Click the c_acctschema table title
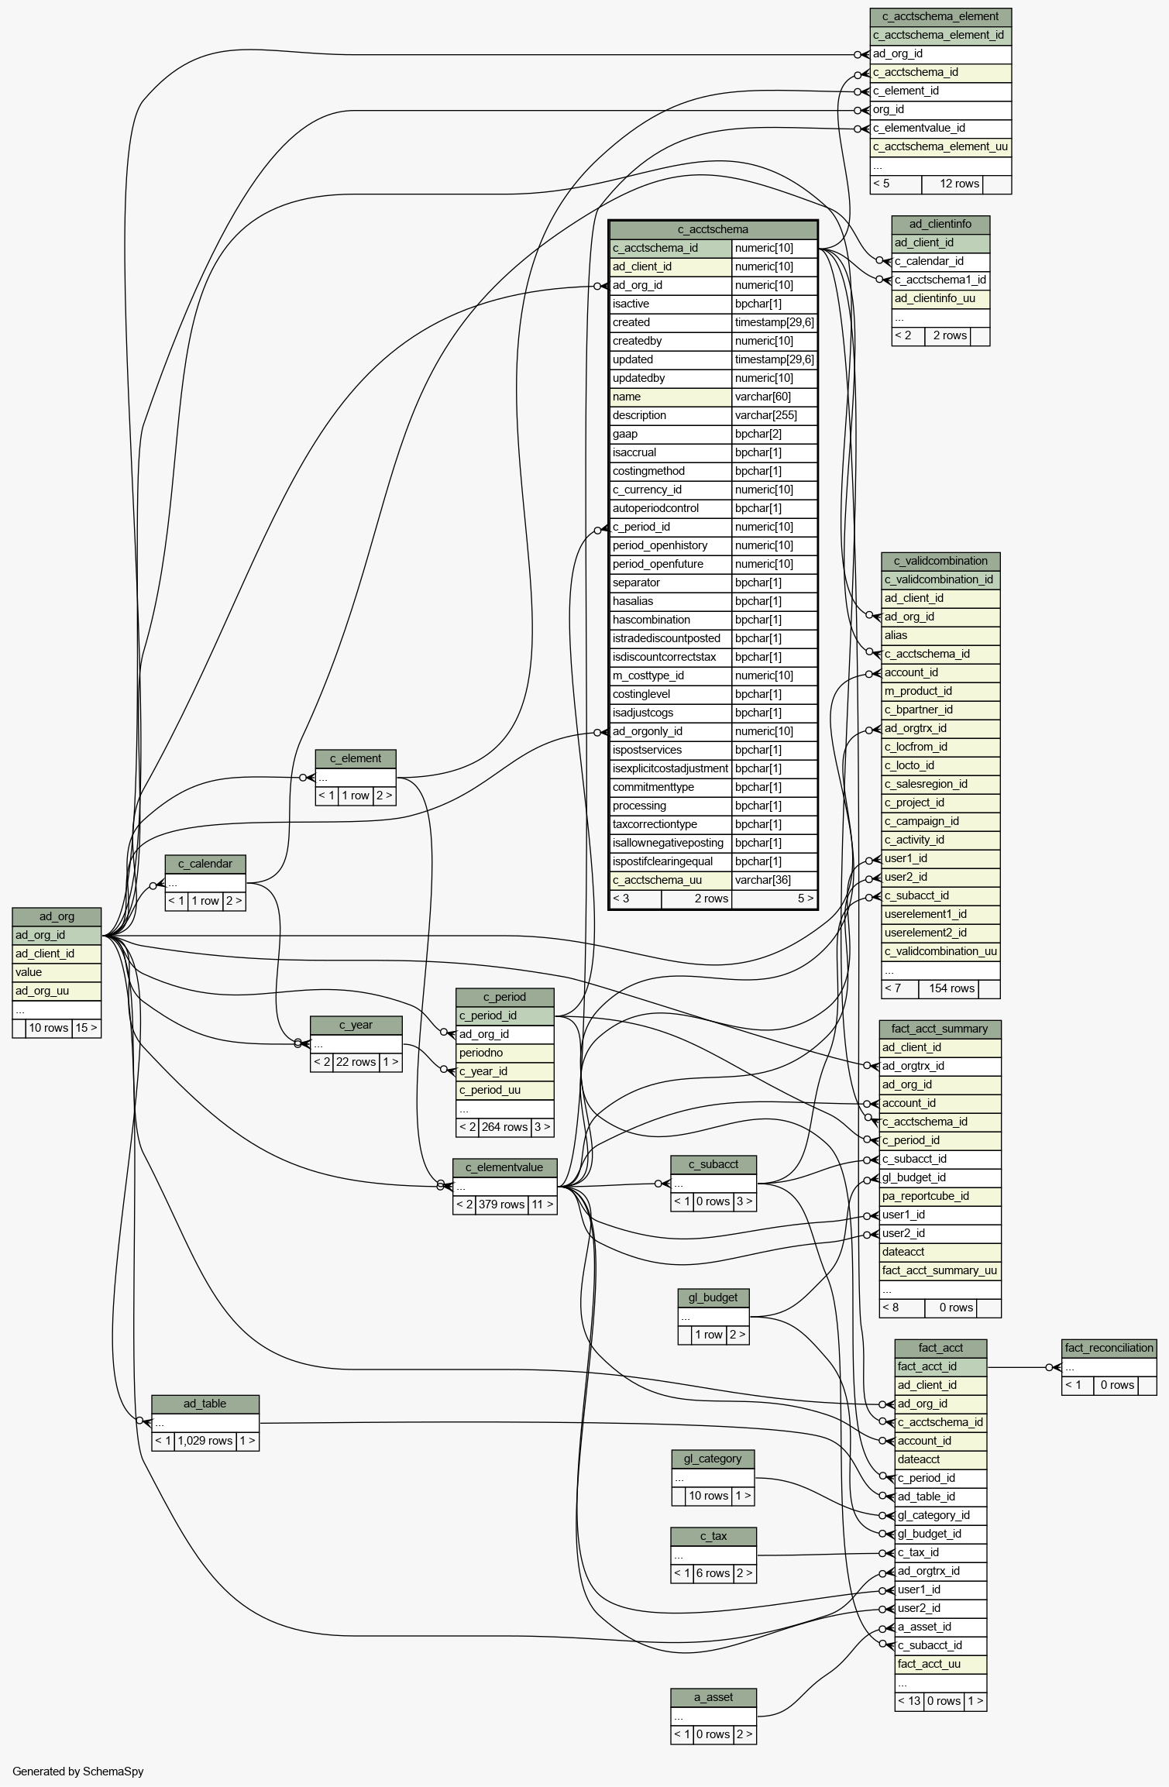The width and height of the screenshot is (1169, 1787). (x=713, y=229)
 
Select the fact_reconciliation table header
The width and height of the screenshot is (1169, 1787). (x=1109, y=1348)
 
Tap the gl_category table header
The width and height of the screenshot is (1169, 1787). (x=713, y=1459)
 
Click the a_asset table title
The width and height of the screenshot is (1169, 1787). (x=713, y=1697)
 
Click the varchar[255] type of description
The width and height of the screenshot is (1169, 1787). (x=765, y=415)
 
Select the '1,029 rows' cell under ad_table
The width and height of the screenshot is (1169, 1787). (x=205, y=1441)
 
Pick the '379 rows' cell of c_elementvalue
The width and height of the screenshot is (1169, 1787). (x=501, y=1205)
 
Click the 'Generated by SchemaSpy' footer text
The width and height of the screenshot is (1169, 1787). (x=78, y=1772)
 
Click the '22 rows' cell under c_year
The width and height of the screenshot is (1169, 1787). (x=356, y=1062)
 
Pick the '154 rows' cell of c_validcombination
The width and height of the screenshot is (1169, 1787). (x=951, y=988)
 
